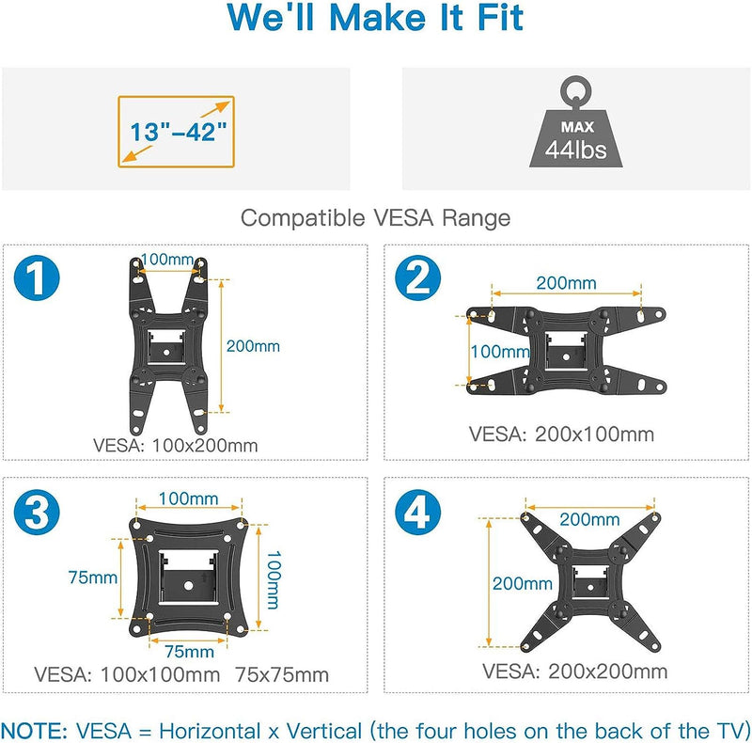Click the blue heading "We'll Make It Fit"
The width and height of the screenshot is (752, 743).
click(375, 18)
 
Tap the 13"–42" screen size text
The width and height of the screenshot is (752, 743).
click(178, 132)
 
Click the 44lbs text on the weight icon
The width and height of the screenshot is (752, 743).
click(575, 150)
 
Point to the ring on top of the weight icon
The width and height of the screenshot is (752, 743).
click(575, 91)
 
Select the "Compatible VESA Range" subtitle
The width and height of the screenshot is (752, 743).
click(375, 218)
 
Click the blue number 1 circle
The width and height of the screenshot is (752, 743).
click(37, 277)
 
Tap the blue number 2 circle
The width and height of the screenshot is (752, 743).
click(417, 277)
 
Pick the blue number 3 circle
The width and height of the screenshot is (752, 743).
click(37, 513)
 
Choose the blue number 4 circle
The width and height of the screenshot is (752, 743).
click(417, 513)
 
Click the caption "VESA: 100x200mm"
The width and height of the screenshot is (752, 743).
click(176, 446)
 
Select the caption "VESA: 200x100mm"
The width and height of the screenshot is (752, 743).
click(561, 435)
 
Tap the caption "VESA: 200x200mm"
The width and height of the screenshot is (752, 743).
click(575, 672)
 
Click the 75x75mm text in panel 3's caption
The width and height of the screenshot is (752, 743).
click(282, 675)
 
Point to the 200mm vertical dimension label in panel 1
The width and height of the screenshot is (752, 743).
click(253, 346)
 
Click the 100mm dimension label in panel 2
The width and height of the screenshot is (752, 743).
click(500, 352)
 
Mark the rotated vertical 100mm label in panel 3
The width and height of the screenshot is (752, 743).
click(274, 579)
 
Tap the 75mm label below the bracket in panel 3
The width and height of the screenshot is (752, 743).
click(190, 652)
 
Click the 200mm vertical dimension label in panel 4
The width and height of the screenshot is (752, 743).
click(523, 584)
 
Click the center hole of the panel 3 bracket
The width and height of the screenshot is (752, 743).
click(188, 586)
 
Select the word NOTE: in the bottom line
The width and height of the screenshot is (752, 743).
click(35, 731)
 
